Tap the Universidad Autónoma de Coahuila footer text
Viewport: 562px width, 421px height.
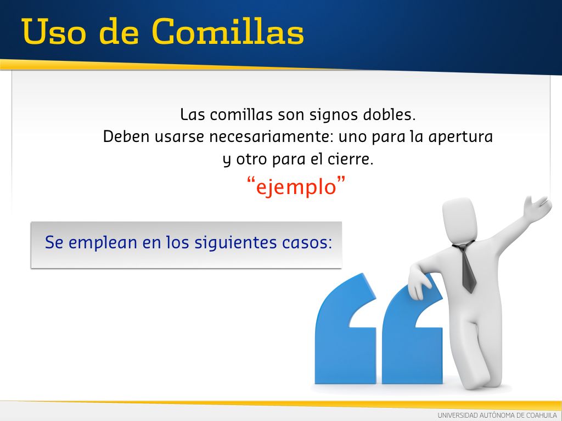[x=497, y=416]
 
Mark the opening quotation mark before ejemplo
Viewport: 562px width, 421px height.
[x=251, y=180]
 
